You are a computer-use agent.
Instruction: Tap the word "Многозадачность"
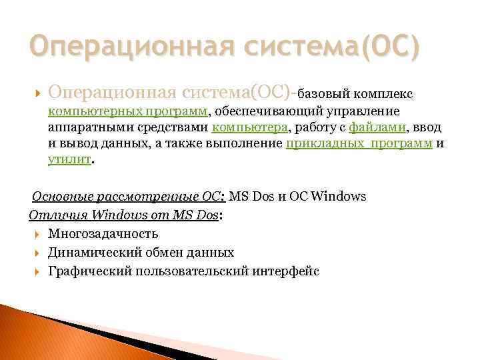(103, 233)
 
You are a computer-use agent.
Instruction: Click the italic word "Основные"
(59, 197)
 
